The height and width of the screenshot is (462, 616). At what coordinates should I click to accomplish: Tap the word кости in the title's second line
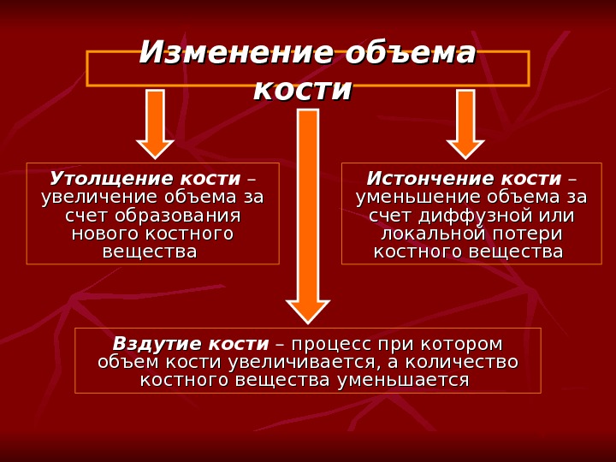click(x=304, y=89)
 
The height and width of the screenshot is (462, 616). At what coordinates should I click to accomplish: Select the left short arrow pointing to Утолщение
click(x=155, y=123)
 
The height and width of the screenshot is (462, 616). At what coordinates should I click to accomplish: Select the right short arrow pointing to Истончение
click(x=465, y=123)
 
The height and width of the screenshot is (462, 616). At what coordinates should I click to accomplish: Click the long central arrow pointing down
click(x=307, y=214)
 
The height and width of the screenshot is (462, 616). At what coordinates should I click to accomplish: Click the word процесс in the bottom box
click(x=334, y=343)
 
